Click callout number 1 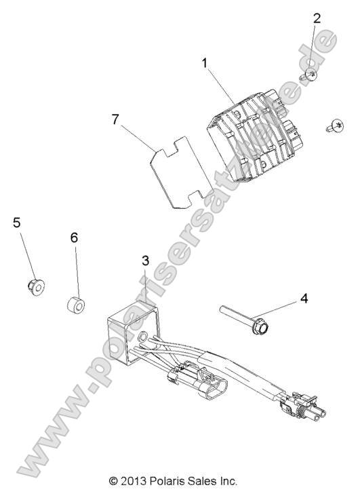point(205,63)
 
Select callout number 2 point(317,18)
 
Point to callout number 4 point(304,298)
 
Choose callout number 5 point(17,223)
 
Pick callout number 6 point(74,237)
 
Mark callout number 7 point(115,119)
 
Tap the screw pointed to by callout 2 point(308,75)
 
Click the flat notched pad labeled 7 point(182,172)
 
